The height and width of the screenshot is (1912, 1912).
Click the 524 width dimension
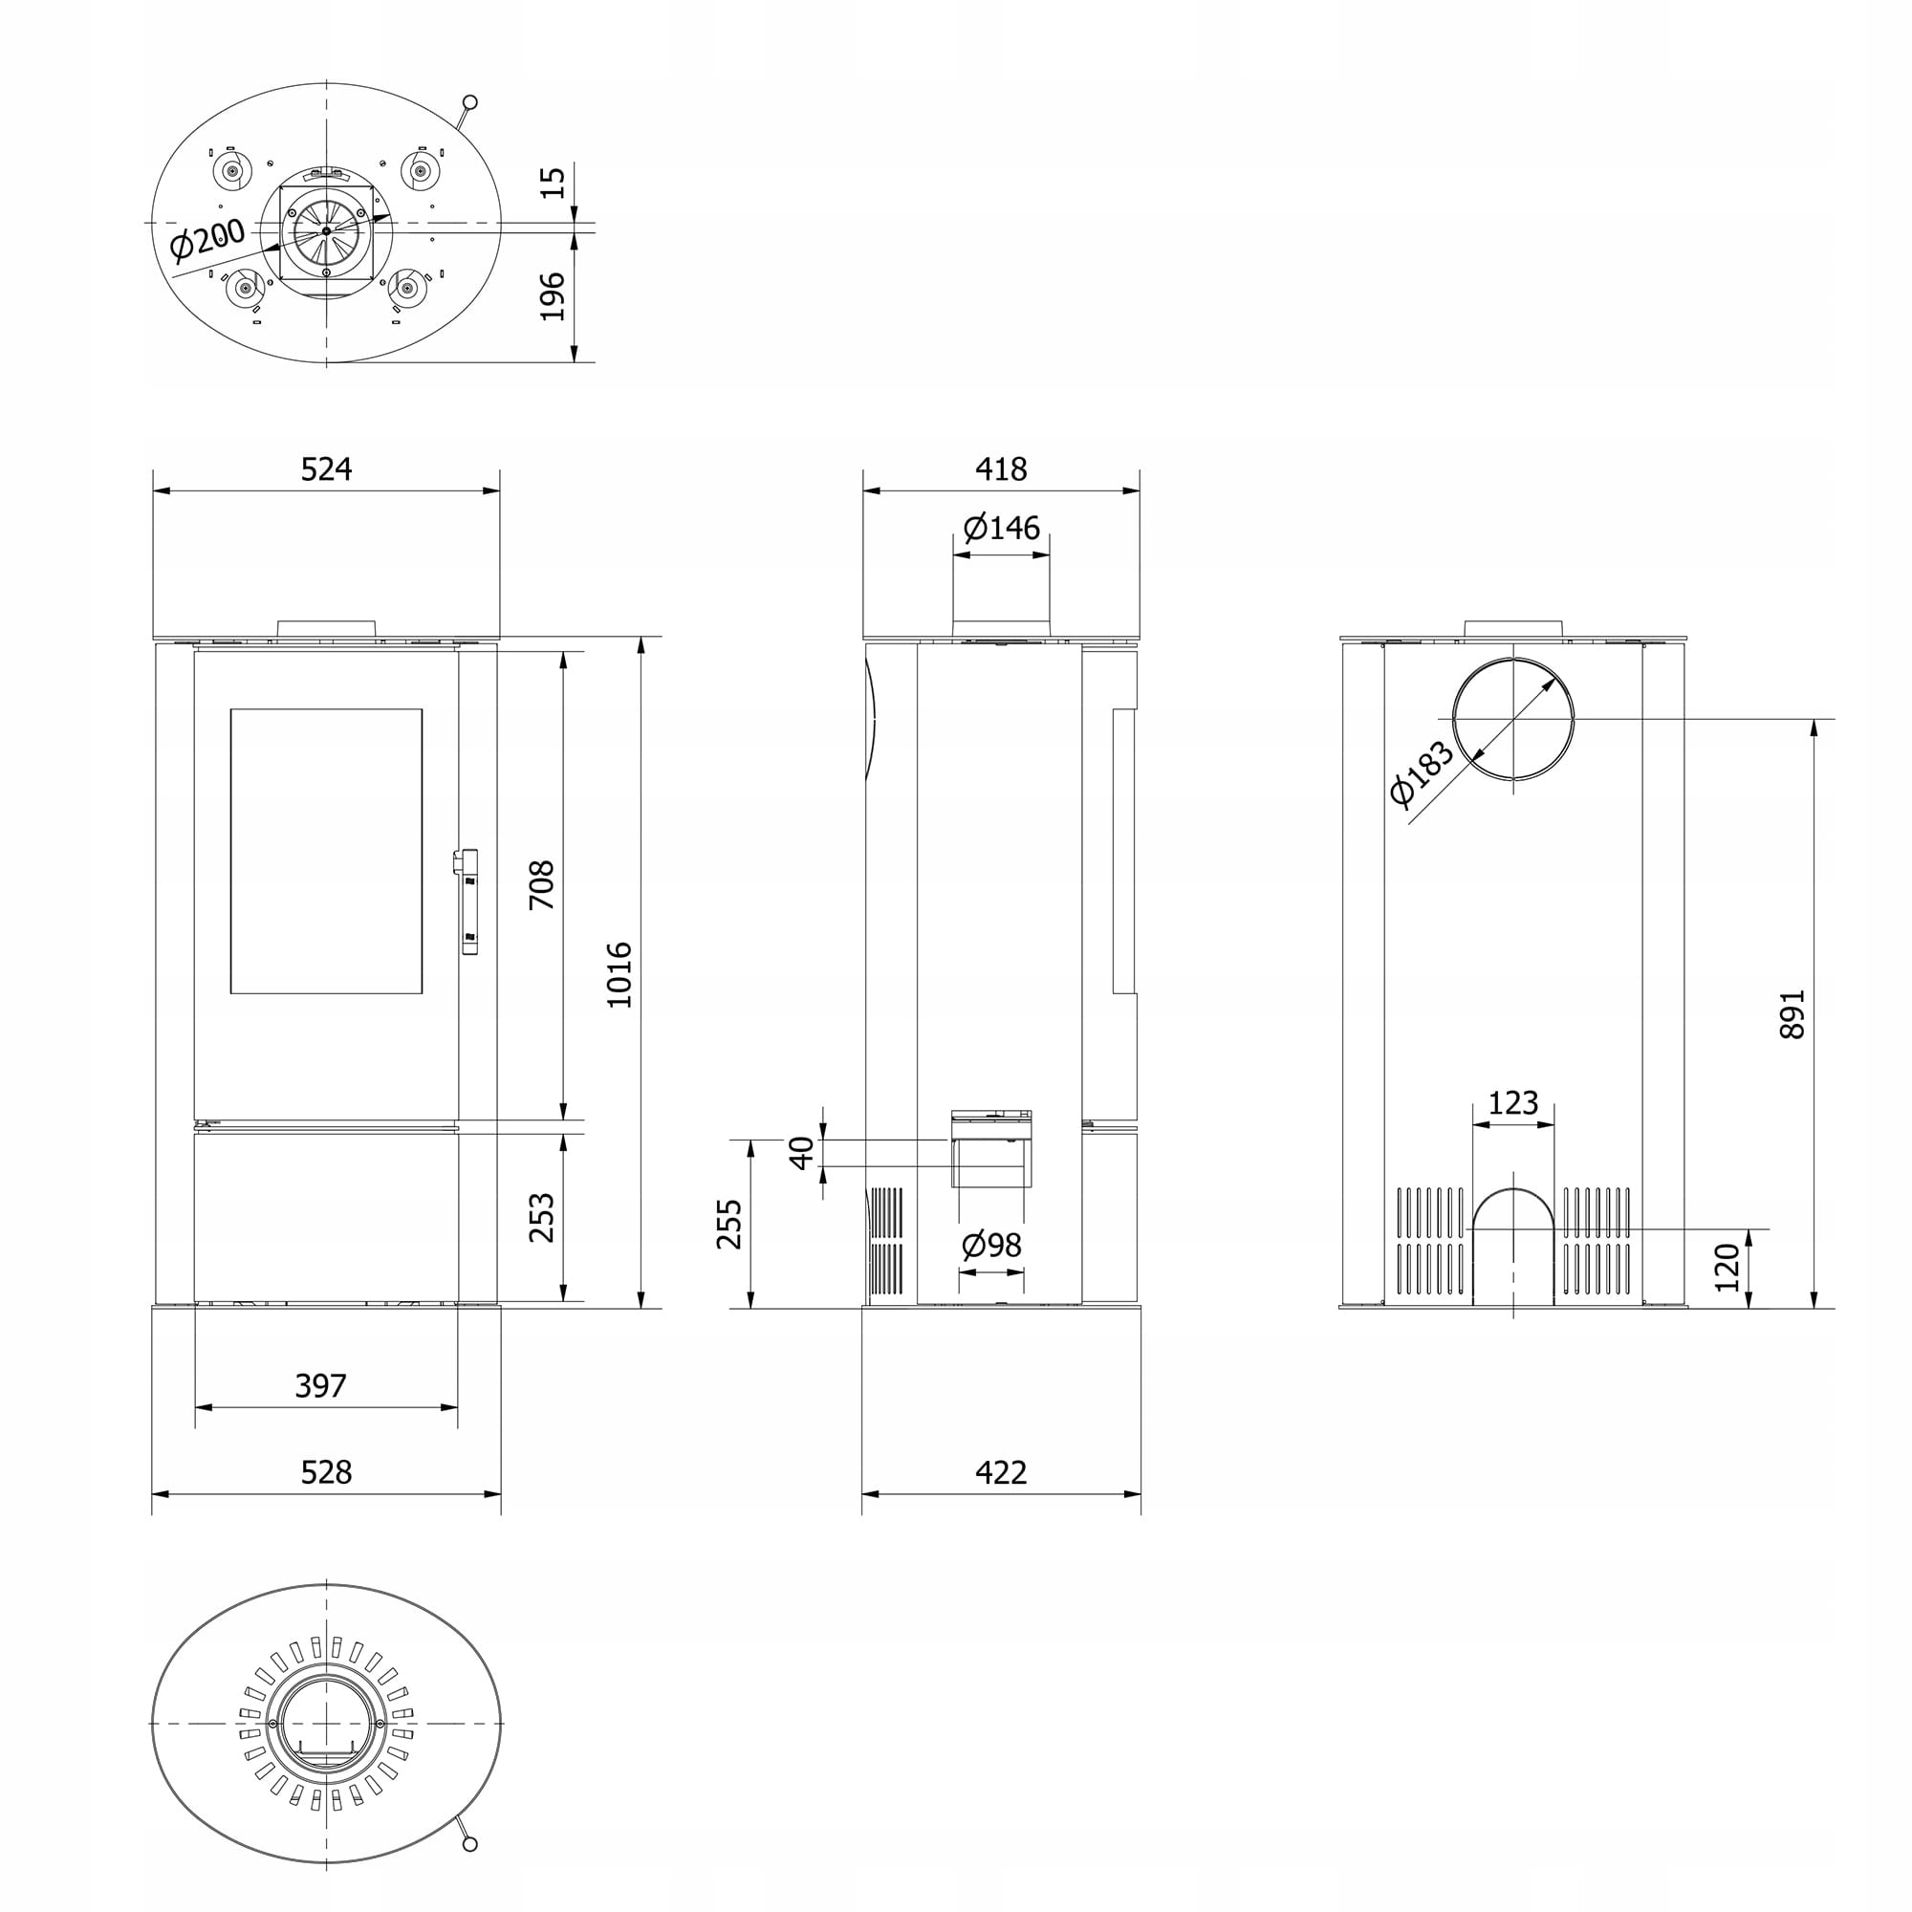[327, 468]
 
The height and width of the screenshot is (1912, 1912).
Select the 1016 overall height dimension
[619, 975]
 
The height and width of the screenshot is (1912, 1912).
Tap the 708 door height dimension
[541, 886]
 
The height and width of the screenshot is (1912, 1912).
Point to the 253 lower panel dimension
[541, 1217]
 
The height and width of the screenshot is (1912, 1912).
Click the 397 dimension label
[320, 1385]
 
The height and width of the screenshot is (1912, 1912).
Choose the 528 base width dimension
[327, 1472]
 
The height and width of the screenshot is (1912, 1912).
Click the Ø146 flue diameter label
[1002, 528]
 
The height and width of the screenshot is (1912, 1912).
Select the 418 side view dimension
[1002, 468]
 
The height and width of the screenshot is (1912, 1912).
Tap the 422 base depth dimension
[1002, 1472]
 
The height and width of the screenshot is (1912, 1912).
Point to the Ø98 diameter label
[991, 1245]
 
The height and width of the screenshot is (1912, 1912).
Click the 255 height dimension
[729, 1225]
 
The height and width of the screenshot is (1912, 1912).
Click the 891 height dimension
[1792, 1014]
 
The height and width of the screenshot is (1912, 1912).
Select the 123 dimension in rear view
[1513, 1102]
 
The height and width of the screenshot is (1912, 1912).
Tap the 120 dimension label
[1727, 1268]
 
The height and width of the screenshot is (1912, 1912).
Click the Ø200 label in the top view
[207, 241]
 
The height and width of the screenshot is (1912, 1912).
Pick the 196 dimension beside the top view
[553, 296]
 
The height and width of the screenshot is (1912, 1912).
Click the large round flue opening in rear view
[1513, 719]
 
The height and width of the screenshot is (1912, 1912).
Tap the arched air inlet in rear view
[1513, 1247]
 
